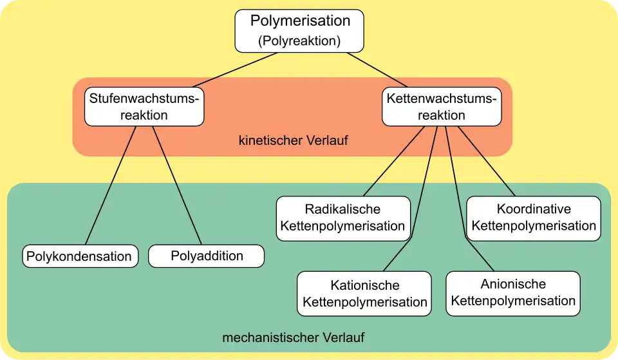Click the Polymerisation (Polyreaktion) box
coord(299,30)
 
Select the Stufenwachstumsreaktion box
coord(144,107)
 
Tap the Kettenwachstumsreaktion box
coord(441,107)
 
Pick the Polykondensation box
coord(80,256)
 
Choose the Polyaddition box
coord(207,256)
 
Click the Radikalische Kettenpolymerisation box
coord(343,218)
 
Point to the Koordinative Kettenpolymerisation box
coord(534,218)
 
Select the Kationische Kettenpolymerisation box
coord(364,294)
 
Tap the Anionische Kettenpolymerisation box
coord(513,293)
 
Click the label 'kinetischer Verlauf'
coord(293,140)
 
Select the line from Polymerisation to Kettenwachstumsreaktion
coord(378,70)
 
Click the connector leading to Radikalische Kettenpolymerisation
coord(394,161)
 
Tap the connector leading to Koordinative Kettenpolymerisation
coord(487,161)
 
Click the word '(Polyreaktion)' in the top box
coord(299,41)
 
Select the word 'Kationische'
coord(364,285)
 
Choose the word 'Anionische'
coord(513,285)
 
